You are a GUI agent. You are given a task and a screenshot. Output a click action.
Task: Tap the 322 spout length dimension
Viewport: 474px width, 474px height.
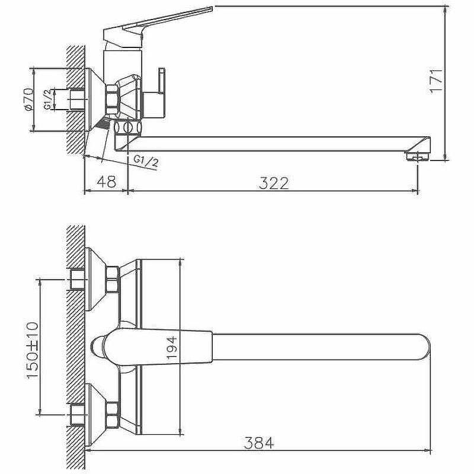point(273,183)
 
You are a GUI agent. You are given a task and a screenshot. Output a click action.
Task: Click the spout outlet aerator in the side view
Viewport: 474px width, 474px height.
point(417,156)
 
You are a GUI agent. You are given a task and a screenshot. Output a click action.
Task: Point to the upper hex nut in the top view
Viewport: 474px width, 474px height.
point(112,280)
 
